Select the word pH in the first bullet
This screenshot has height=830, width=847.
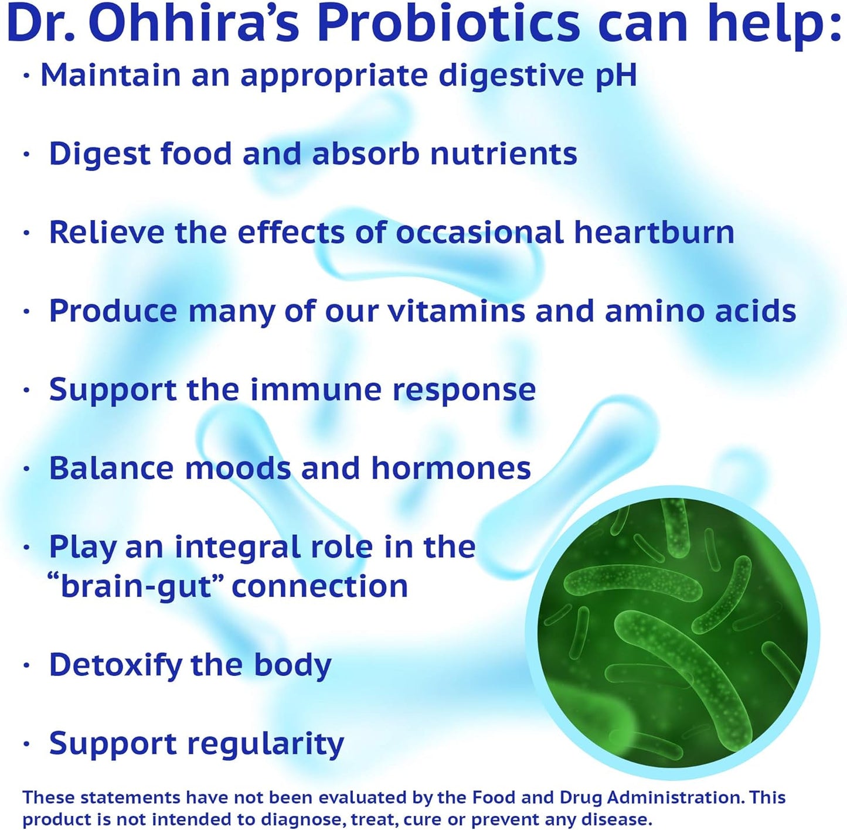[615, 76]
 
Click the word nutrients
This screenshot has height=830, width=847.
[504, 154]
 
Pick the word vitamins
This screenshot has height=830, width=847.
[457, 310]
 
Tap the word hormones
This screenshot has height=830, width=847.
[451, 468]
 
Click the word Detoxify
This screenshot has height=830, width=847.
[115, 665]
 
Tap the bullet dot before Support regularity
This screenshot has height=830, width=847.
[26, 744]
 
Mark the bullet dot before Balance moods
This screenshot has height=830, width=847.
[26, 469]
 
